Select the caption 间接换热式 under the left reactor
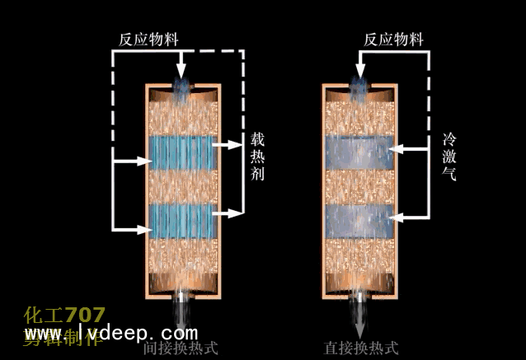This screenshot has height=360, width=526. click(x=180, y=348)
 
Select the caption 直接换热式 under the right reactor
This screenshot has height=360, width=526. click(x=360, y=348)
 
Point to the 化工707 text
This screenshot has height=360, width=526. click(x=65, y=316)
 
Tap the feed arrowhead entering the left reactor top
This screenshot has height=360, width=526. click(x=181, y=72)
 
